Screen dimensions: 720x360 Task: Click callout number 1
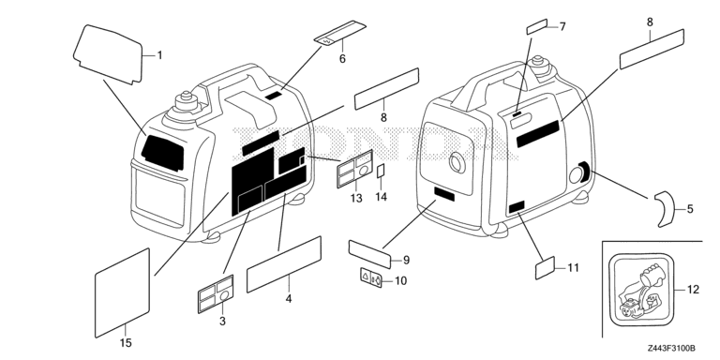(159, 55)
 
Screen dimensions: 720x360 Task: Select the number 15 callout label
(126, 342)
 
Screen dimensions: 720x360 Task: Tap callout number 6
(342, 59)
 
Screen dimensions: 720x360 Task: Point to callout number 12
(694, 290)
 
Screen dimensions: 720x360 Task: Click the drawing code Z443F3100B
(672, 349)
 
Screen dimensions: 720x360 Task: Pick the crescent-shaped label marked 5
(665, 209)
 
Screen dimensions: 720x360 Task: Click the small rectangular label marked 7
(537, 26)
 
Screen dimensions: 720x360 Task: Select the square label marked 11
(546, 268)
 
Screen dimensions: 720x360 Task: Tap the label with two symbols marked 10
(371, 277)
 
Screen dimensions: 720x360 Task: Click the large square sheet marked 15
(122, 292)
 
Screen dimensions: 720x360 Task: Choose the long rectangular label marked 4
(284, 264)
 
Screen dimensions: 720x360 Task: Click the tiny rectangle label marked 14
(381, 171)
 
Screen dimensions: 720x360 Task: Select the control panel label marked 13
(355, 169)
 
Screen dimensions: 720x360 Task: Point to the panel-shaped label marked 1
(109, 54)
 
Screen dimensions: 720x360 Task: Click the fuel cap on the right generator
(538, 66)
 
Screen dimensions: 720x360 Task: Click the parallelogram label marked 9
(369, 254)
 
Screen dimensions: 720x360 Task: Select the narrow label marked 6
(339, 33)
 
